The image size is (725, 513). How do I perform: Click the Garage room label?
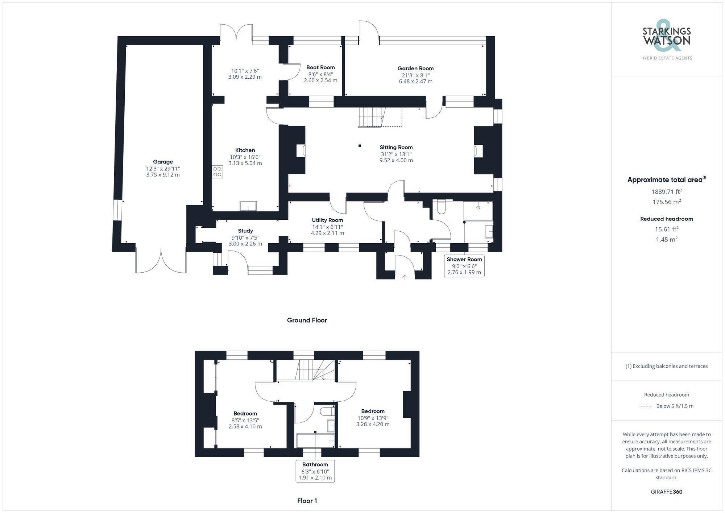coord(163,162)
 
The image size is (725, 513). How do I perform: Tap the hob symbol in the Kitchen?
coord(217,171)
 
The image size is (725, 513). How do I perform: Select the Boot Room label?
coord(320,67)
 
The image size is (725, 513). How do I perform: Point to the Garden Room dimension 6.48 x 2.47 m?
coord(415,82)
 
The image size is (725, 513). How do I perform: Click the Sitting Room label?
coord(396,147)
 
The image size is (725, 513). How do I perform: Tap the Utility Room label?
coord(327,220)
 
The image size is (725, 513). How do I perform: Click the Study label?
coord(245,231)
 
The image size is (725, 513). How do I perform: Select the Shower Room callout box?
coord(464,266)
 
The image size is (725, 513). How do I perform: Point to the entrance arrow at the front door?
coord(405,277)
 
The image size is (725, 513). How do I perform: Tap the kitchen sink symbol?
coord(248,206)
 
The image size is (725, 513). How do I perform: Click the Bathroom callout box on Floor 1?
coord(315,471)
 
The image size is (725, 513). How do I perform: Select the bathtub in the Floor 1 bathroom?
coord(315,440)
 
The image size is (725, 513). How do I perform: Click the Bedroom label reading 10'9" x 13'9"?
coord(373,411)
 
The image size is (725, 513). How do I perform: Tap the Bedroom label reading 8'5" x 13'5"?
coord(245,413)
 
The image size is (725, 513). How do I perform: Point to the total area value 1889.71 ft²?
coord(666,191)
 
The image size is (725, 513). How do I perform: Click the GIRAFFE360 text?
coord(666,492)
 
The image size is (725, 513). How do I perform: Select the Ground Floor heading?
coord(307,320)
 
